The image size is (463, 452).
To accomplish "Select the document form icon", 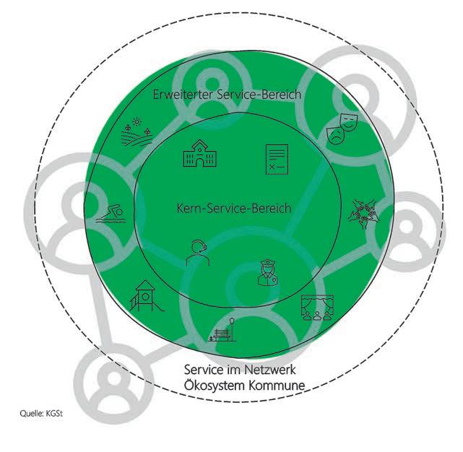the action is [x=277, y=158].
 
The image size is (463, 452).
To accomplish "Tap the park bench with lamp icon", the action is [x=224, y=329].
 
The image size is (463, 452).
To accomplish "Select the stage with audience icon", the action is [x=316, y=308].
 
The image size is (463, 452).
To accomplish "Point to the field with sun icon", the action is [x=136, y=131].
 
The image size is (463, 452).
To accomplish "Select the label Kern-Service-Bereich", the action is [x=233, y=209].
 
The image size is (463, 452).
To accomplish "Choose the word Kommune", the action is [x=277, y=384].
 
